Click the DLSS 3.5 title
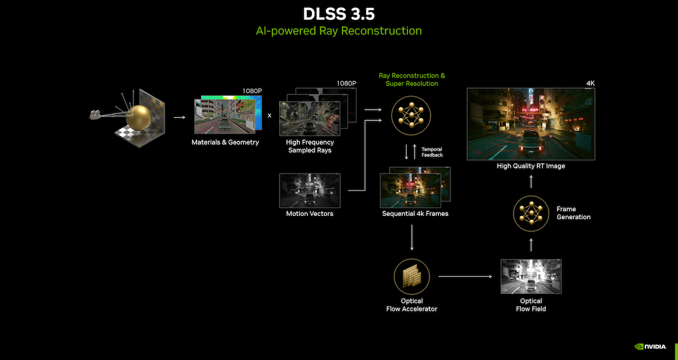338,14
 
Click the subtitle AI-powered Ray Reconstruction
338,31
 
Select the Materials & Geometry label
225,142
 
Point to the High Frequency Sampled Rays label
311,146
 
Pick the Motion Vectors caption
310,214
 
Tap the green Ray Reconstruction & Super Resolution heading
411,80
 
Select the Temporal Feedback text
432,152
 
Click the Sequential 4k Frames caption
415,214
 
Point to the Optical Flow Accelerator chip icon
411,276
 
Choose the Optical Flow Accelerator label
411,305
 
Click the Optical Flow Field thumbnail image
531,276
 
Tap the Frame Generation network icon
531,213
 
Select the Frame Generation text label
573,213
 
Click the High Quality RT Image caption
531,166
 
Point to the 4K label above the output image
590,83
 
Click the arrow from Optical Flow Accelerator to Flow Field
465,276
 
